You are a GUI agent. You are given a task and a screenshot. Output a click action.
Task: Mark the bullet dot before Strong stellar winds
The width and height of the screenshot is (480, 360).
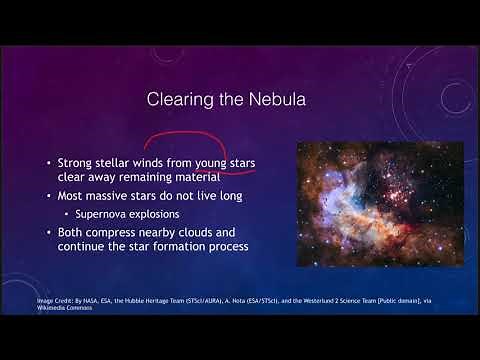(x=49, y=162)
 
